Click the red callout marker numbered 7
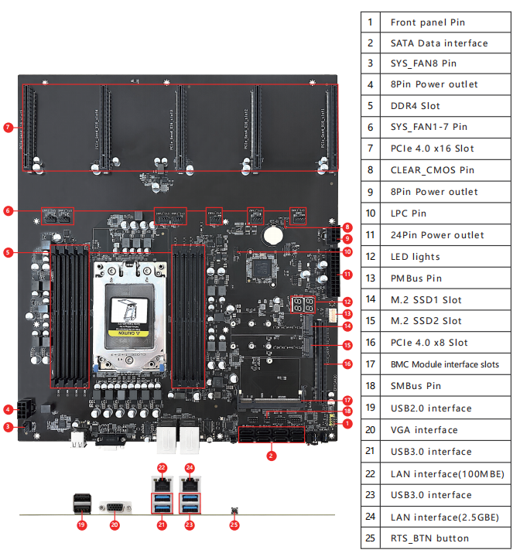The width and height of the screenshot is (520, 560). coord(9,128)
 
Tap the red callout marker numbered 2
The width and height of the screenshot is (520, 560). coord(272,456)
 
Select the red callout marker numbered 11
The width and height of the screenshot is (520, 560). coord(347,274)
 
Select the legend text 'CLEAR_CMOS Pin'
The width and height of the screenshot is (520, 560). coord(433,170)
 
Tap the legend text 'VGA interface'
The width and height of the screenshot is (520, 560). coord(424,430)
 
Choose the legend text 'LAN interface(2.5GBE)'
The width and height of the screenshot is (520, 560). coord(444,517)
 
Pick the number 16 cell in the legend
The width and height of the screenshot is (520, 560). coord(371,343)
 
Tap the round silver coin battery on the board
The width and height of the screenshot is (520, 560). coord(275,233)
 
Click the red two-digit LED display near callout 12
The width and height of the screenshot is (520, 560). coord(303,303)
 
